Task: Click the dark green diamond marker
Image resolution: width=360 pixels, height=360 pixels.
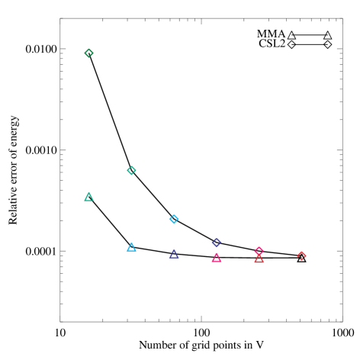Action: point(89,53)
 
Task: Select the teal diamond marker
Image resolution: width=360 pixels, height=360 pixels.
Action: point(131,170)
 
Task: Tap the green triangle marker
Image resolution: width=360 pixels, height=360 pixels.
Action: point(89,197)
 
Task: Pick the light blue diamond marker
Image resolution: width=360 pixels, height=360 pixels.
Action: point(174,219)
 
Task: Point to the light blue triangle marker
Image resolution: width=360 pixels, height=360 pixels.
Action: point(131,247)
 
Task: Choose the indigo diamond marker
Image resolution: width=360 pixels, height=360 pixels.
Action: point(217,243)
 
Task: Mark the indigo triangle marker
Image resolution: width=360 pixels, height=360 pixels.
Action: point(174,254)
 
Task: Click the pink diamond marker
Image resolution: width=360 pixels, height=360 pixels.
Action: point(259,251)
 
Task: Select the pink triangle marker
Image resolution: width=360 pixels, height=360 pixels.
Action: point(217,258)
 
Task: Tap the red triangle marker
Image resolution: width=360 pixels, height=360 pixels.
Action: point(259,259)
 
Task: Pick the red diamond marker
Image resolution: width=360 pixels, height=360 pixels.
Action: point(302,256)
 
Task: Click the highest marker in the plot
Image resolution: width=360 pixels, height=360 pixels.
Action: point(89,53)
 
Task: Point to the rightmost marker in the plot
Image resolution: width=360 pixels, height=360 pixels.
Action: point(302,256)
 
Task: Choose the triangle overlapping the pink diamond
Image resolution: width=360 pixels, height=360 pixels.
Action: point(259,259)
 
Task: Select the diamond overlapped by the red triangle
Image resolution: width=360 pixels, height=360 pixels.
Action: point(259,251)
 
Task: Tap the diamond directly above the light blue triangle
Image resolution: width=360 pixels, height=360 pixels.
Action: point(131,170)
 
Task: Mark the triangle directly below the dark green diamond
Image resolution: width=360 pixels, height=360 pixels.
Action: point(89,197)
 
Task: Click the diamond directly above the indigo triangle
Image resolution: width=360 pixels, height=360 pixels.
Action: point(174,219)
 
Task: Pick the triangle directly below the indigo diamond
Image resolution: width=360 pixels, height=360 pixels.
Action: point(217,258)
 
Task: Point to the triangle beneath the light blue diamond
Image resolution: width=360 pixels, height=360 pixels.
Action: point(174,254)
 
